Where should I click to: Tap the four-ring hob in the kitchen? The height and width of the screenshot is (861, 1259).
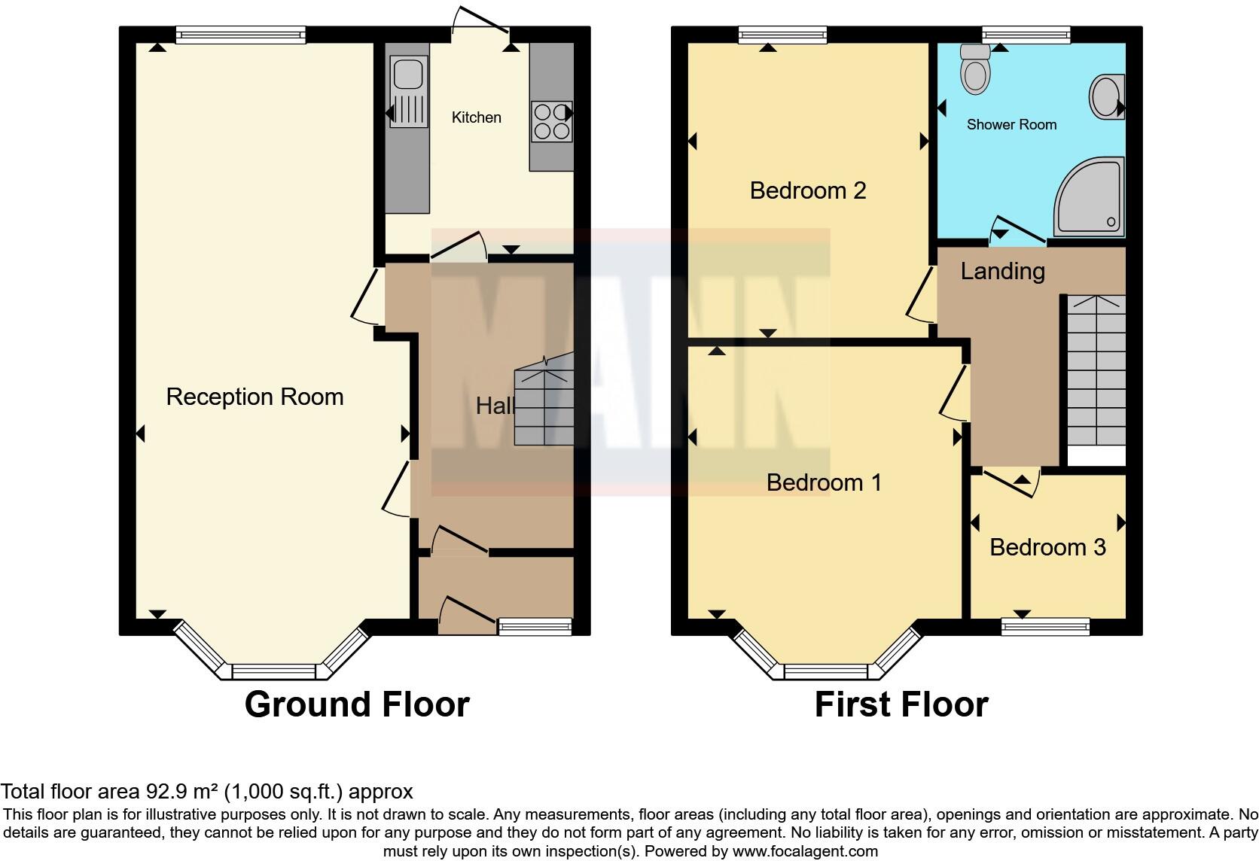551,121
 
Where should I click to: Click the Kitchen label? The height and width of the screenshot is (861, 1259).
476,117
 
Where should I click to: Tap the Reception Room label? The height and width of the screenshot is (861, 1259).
255,397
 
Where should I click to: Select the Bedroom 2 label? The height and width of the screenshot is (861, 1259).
807,190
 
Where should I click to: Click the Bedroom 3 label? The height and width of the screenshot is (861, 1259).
1047,547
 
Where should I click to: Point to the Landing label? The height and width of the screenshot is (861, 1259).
1002,271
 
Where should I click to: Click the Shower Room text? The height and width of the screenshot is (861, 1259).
1011,125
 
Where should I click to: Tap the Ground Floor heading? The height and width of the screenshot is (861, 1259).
357,704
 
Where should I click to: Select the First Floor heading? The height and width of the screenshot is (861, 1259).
901,704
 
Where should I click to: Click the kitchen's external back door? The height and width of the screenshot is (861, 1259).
481,21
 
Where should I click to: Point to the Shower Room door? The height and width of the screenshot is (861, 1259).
1018,230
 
